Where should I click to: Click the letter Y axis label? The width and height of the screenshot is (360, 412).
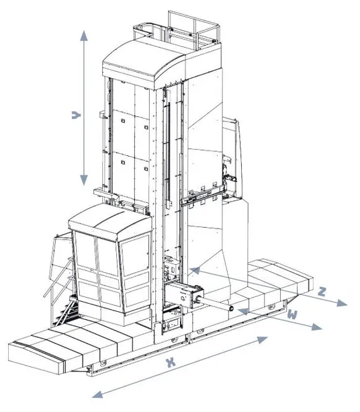pos(76,116)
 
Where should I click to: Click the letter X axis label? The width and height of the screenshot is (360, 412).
pos(171,362)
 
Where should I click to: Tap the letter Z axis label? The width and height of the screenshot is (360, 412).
pos(322,291)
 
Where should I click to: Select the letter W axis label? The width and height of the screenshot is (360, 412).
pos(291,314)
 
